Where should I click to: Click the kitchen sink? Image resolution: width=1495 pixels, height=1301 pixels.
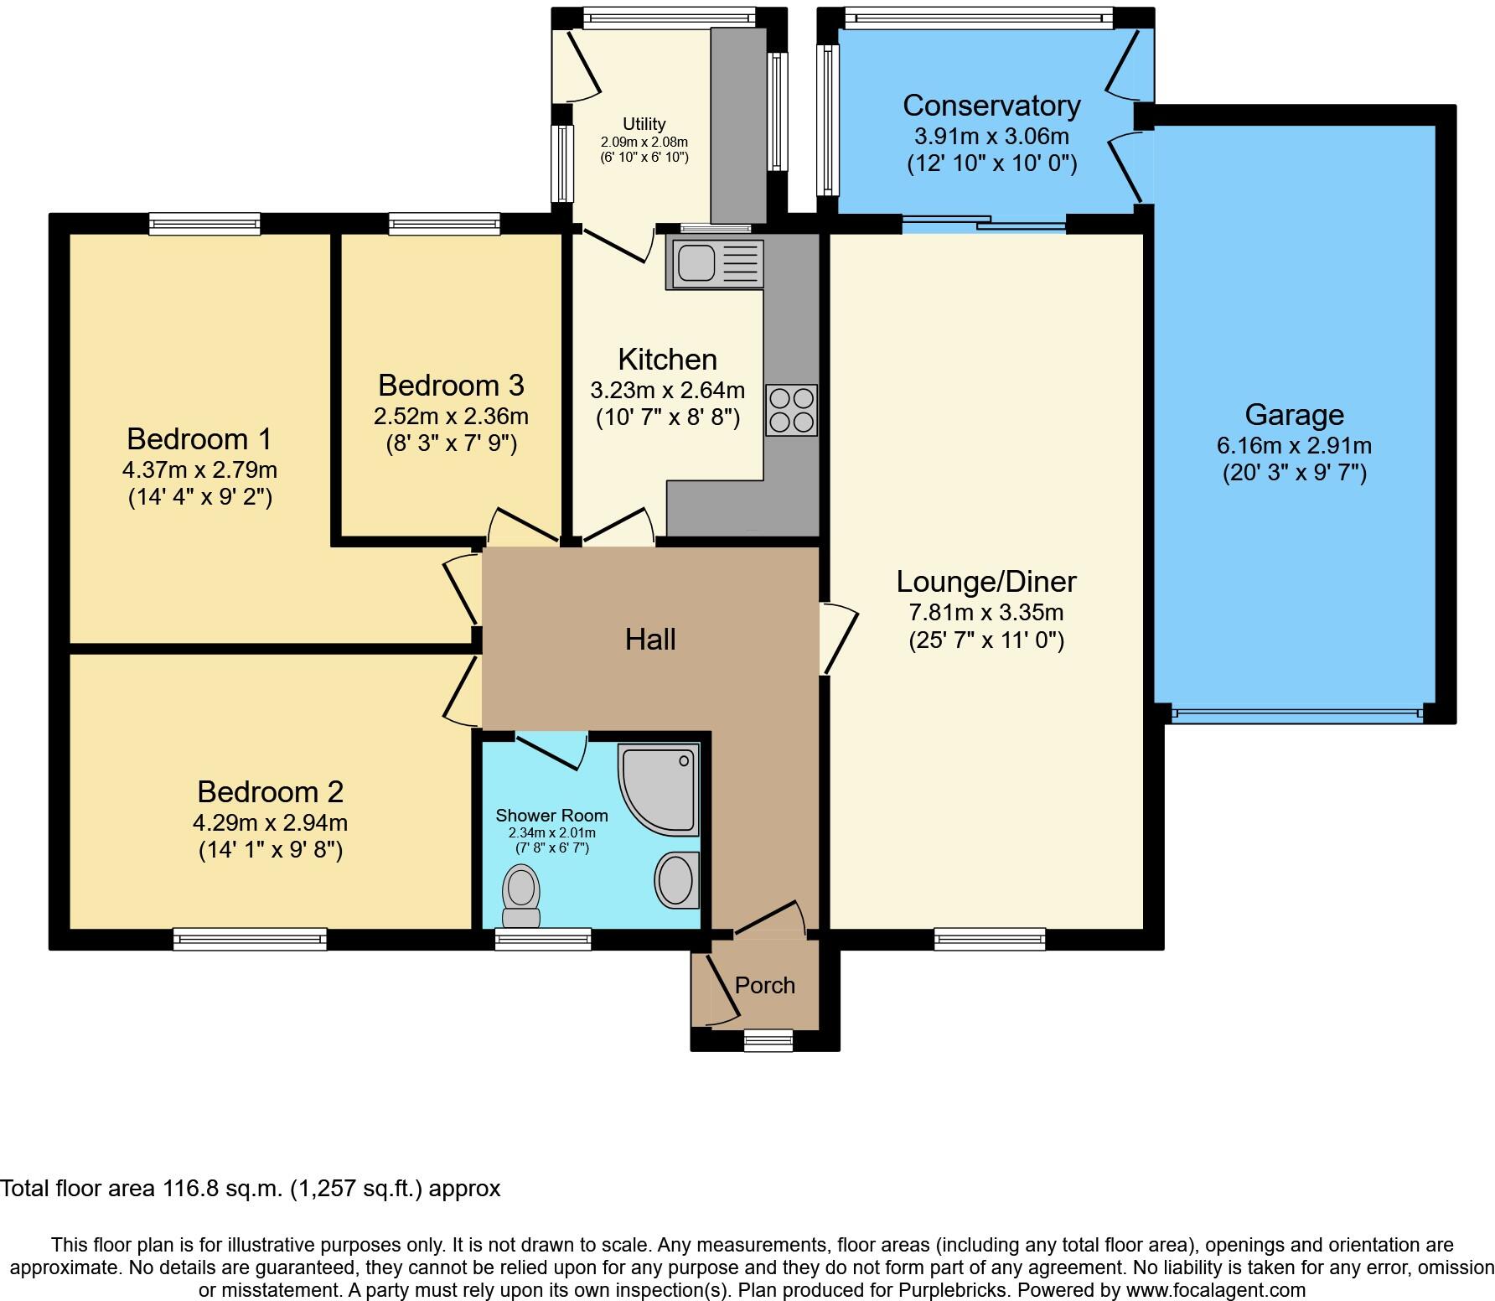tap(714, 263)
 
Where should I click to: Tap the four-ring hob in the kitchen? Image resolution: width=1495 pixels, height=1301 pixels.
tap(791, 410)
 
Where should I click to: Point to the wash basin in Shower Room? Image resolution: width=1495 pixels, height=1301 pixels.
tap(676, 880)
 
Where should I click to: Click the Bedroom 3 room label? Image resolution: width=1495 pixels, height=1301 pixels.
tap(451, 386)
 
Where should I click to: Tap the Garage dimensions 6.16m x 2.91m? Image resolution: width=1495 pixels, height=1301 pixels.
tap(1294, 446)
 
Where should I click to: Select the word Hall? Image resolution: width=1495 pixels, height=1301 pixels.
tap(650, 640)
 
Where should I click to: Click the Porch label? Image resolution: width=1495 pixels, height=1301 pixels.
tap(764, 986)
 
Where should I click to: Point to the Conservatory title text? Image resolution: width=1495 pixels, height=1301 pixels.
tap(991, 106)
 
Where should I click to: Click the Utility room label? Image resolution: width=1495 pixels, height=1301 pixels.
tap(644, 124)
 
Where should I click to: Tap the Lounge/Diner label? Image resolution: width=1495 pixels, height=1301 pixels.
tap(985, 582)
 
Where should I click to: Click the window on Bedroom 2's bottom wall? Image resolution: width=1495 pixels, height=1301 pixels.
tap(250, 939)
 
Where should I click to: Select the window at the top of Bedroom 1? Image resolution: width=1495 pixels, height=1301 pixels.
tap(204, 223)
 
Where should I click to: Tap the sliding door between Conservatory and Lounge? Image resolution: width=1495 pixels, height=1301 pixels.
tap(984, 224)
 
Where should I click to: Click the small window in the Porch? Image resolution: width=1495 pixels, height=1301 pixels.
tap(768, 1040)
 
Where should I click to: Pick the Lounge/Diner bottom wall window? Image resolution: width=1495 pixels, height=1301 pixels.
tap(990, 939)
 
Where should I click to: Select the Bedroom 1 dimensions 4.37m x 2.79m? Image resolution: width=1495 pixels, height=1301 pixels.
tap(199, 469)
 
